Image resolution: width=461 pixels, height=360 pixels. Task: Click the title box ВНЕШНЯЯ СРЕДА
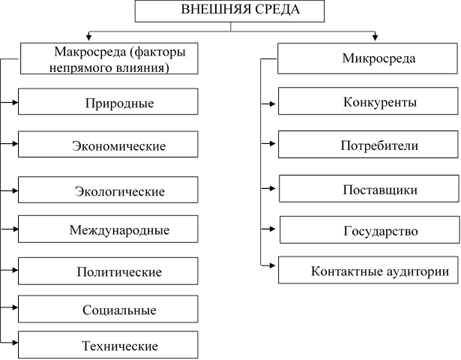click(229, 11)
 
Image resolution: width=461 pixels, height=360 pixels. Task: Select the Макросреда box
click(109, 58)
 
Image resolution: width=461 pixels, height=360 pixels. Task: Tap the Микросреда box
click(367, 58)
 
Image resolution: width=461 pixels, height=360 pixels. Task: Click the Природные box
click(108, 101)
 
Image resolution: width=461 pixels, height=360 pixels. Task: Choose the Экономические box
click(108, 145)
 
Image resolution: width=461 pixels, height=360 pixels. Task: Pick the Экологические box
click(108, 190)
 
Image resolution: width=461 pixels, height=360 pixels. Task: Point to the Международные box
click(108, 229)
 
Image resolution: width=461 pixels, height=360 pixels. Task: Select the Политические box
click(108, 271)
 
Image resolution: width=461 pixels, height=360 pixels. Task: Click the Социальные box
click(108, 309)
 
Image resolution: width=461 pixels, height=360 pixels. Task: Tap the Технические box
click(108, 345)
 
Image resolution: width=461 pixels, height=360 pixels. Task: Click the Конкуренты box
click(368, 101)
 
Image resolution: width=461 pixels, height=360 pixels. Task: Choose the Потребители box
click(368, 145)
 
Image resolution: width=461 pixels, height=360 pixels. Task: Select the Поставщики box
click(369, 188)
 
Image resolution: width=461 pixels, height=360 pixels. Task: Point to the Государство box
click(370, 229)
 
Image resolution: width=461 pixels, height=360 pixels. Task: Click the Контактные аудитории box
click(368, 270)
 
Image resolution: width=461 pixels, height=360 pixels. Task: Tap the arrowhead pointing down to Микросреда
click(375, 37)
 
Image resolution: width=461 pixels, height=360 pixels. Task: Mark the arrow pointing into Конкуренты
click(268, 103)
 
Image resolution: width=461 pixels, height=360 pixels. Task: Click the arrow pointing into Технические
click(9, 343)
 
